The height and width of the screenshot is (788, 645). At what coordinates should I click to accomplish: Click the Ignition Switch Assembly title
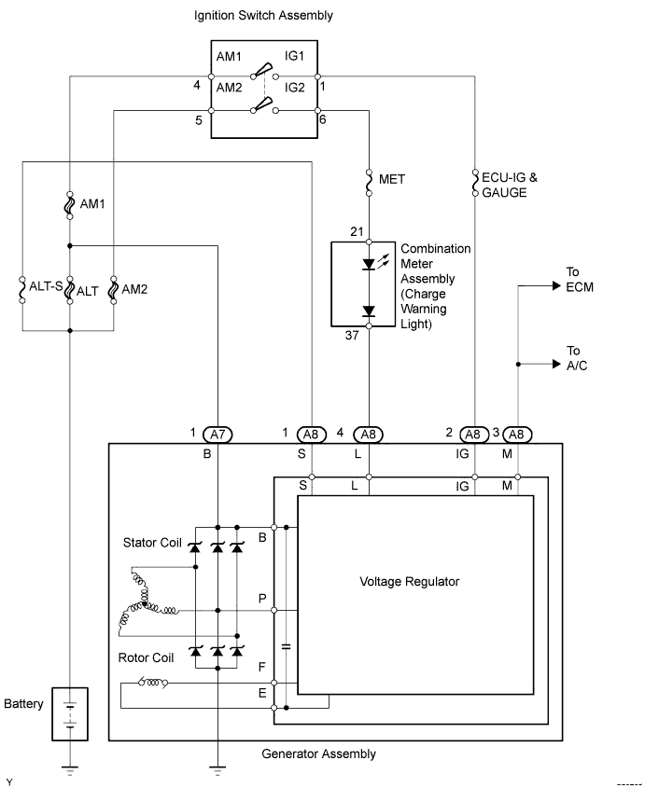[x=263, y=16]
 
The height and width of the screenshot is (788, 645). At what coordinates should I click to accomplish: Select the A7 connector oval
[x=217, y=435]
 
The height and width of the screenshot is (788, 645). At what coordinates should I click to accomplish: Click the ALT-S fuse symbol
[x=22, y=288]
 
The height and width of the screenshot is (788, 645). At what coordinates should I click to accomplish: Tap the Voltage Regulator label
[x=409, y=581]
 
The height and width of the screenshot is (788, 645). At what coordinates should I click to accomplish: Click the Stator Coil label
[x=151, y=542]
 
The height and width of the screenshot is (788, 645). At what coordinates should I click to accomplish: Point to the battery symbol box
[x=69, y=713]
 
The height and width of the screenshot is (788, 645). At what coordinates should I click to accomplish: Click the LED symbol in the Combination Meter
[x=370, y=265]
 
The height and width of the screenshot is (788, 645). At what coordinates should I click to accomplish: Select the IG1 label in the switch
[x=295, y=57]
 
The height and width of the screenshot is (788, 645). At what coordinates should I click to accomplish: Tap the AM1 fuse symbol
[x=70, y=204]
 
